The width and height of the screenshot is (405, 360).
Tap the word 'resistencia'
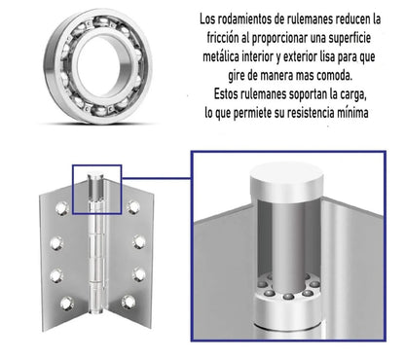318,114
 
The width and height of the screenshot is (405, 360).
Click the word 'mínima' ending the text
366,114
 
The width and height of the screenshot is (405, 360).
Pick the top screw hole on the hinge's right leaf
134,207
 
